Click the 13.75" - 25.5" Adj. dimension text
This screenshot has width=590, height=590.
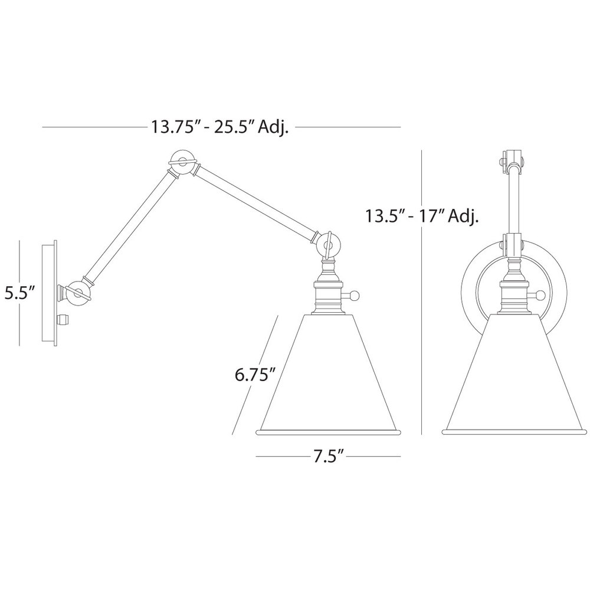[219, 127]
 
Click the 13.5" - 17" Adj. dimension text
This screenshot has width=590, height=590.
[422, 216]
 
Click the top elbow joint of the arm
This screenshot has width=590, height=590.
[183, 163]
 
